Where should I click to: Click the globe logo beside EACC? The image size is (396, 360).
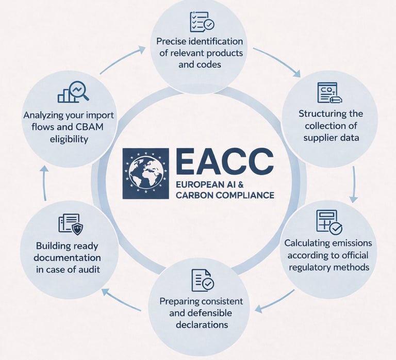pos(145,174)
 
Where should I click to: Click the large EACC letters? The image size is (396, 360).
pos(224,162)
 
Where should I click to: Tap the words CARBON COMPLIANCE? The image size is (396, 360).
pos(225,195)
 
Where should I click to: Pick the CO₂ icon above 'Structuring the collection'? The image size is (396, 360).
pos(329,93)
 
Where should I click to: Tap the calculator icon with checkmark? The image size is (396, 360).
pos(328,222)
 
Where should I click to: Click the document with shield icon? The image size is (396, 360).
pos(71,224)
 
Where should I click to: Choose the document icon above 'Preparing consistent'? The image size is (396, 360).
pos(202,280)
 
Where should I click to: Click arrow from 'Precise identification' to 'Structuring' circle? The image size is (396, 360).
pos(276,61)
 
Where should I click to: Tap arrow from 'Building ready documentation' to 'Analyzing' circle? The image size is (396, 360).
pos(44,183)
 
